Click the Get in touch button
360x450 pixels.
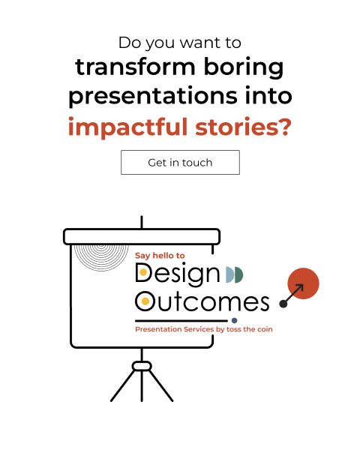pos(180,162)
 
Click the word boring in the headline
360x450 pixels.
pos(244,67)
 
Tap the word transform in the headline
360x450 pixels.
pos(135,67)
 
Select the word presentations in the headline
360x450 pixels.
pos(153,96)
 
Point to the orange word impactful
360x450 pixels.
pos(127,127)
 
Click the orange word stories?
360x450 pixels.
pos(244,127)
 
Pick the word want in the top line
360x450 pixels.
pos(200,43)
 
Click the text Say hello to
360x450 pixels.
pos(160,256)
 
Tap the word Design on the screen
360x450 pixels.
pos(178,274)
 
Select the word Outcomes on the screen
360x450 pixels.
pos(202,301)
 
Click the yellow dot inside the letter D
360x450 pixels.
pos(143,272)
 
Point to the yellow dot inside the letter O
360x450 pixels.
pos(145,301)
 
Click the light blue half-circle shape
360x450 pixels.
pos(229,274)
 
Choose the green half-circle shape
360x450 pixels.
pos(238,274)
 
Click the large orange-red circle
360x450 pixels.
pos(303,283)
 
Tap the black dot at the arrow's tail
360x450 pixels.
pos(283,304)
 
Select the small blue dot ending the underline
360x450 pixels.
pos(234,320)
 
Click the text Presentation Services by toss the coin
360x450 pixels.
pos(204,329)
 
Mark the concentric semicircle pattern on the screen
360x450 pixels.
pos(101,258)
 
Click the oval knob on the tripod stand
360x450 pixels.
pos(142,366)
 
